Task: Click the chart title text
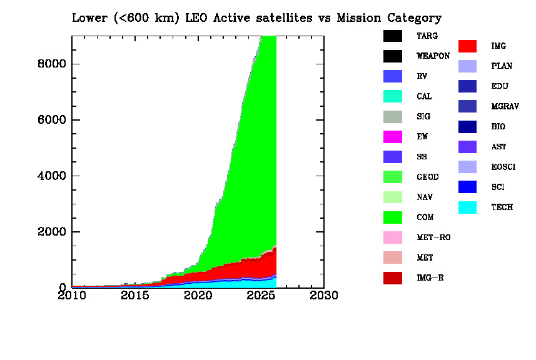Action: [x=256, y=17]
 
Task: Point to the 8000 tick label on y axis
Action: [x=49, y=64]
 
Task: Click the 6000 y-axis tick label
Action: [x=49, y=120]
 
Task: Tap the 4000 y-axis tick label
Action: [x=49, y=176]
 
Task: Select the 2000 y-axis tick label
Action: [x=49, y=232]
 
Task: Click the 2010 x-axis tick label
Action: [x=73, y=295]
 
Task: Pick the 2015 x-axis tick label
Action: [x=135, y=295]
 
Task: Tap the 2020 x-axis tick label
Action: [x=198, y=295]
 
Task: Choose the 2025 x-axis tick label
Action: [x=261, y=295]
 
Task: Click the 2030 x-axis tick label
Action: [x=324, y=295]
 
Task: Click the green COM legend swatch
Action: [x=393, y=217]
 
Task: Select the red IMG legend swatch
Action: [x=468, y=46]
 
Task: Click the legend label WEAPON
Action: [x=433, y=56]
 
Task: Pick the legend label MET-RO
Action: [x=433, y=237]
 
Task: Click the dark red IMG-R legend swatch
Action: [x=393, y=278]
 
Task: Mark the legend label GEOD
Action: [x=428, y=177]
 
